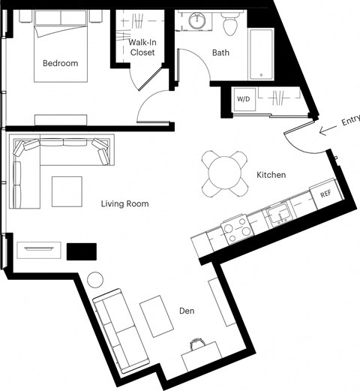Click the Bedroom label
point(61,63)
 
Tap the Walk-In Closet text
point(142,47)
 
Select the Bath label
point(220,53)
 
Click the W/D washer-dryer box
point(244,99)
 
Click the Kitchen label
point(271,175)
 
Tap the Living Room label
point(124,203)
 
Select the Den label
point(187,311)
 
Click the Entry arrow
point(328,130)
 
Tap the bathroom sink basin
point(197,20)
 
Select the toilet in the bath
point(230,23)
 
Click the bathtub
point(261,54)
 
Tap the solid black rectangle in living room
point(82,251)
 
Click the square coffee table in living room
point(67,191)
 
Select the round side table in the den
point(95,280)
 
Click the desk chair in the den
point(197,343)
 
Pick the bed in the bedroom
point(61,47)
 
